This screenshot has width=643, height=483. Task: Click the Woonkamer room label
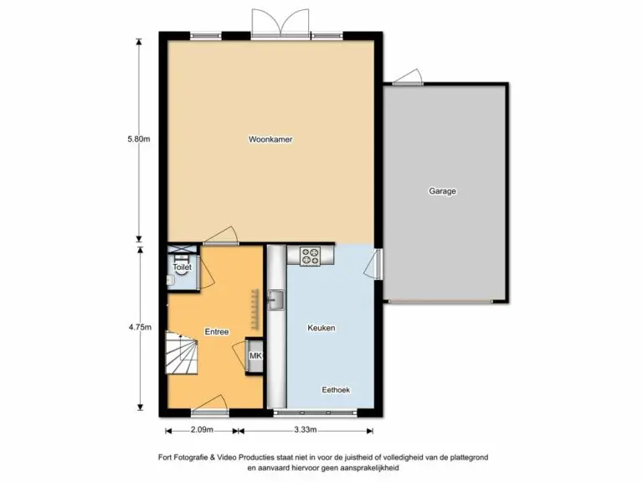(x=270, y=139)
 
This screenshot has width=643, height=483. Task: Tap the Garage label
(x=442, y=191)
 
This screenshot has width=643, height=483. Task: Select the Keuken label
(x=321, y=328)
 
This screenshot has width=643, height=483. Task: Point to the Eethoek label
(x=336, y=390)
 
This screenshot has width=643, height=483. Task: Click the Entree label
(x=217, y=332)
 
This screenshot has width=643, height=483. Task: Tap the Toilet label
(x=182, y=267)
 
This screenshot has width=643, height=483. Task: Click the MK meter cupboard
(x=255, y=356)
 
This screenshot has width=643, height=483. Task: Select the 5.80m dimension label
(x=139, y=139)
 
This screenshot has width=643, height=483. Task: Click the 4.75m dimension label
(x=140, y=327)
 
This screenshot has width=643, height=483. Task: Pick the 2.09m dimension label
(x=202, y=430)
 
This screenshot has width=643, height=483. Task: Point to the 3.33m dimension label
(x=305, y=430)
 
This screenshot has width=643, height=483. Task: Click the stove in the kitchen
(x=310, y=256)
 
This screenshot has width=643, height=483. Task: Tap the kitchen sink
(x=276, y=300)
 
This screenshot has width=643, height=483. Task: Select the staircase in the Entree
(x=182, y=353)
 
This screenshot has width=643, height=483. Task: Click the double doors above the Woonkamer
(x=280, y=23)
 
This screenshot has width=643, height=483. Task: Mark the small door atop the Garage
(x=408, y=77)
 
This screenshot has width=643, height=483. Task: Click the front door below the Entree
(x=209, y=403)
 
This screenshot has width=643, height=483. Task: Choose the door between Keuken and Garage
(x=374, y=264)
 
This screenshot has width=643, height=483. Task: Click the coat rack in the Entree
(x=255, y=309)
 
